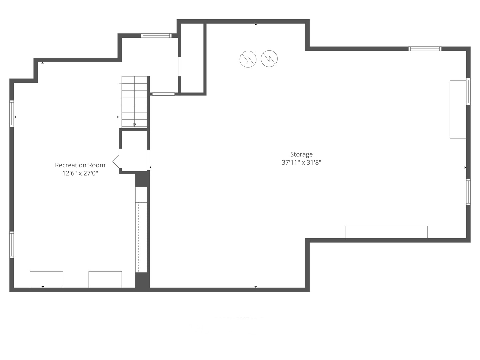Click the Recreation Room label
pos(80,165)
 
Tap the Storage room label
pos(301,154)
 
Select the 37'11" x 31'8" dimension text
pos(301,163)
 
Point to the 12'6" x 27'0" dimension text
pos(80,173)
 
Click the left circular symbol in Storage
pos(248,59)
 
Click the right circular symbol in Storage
pos(269,59)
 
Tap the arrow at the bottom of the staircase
pos(134,125)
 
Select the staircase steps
pos(134,102)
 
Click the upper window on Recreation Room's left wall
pos(12,114)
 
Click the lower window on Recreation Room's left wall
pos(12,245)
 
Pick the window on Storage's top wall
pos(425,49)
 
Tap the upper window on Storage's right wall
pos(468,91)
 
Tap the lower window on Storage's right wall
pos(468,192)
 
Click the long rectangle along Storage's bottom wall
pos(387,232)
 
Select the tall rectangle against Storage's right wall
pos(458,109)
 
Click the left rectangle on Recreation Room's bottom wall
pos(47,279)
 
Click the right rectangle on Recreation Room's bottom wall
pos(105,279)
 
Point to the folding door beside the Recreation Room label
pos(116,162)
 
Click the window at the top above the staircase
pos(156,36)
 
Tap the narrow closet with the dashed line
pos(141,237)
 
